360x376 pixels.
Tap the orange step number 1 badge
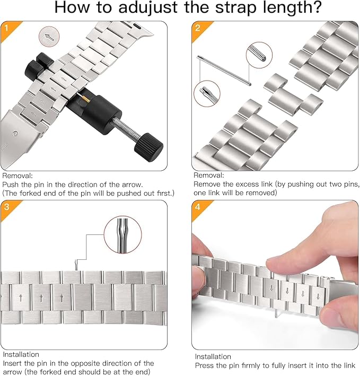(x=9, y=30)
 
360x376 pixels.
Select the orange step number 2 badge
(x=200, y=30)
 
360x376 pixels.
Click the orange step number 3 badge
(x=9, y=209)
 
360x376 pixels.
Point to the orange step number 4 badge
(x=200, y=209)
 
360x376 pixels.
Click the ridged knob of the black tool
(x=148, y=147)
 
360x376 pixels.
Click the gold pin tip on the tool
(x=86, y=99)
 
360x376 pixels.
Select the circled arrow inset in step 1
(x=49, y=37)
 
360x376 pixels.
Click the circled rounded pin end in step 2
(x=259, y=55)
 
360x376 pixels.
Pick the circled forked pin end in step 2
(x=207, y=93)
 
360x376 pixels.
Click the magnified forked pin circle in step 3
(x=122, y=234)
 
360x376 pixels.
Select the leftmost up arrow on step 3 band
(x=21, y=298)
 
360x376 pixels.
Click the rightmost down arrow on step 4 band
(x=318, y=296)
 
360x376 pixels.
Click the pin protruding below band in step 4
(x=277, y=313)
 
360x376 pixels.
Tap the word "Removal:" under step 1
(x=17, y=176)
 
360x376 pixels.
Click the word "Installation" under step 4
(x=213, y=356)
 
